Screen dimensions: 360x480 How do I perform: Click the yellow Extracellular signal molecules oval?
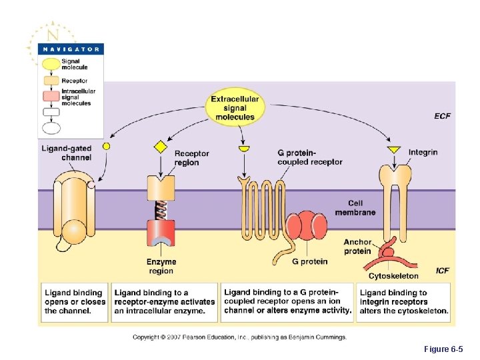(x=235, y=108)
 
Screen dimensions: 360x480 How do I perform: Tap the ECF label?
(x=442, y=116)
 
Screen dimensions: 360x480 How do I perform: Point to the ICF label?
(x=442, y=271)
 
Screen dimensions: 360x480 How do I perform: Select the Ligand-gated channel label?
(x=67, y=153)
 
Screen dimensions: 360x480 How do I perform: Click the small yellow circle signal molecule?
(x=106, y=145)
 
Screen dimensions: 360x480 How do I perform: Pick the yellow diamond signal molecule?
(x=160, y=147)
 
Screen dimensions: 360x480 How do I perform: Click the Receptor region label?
(x=191, y=158)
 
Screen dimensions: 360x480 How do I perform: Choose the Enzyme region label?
(x=161, y=266)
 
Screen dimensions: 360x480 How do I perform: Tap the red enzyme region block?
(x=161, y=234)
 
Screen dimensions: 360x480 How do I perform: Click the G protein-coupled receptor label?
(x=309, y=157)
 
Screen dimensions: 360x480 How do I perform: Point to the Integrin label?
(x=423, y=152)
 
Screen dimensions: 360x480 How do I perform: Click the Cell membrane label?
(x=361, y=208)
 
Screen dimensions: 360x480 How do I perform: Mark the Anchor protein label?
(x=357, y=247)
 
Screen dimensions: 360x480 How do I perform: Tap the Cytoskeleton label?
(x=393, y=275)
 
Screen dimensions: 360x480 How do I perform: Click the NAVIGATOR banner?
(x=70, y=49)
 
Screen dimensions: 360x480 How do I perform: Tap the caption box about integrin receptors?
(x=405, y=302)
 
